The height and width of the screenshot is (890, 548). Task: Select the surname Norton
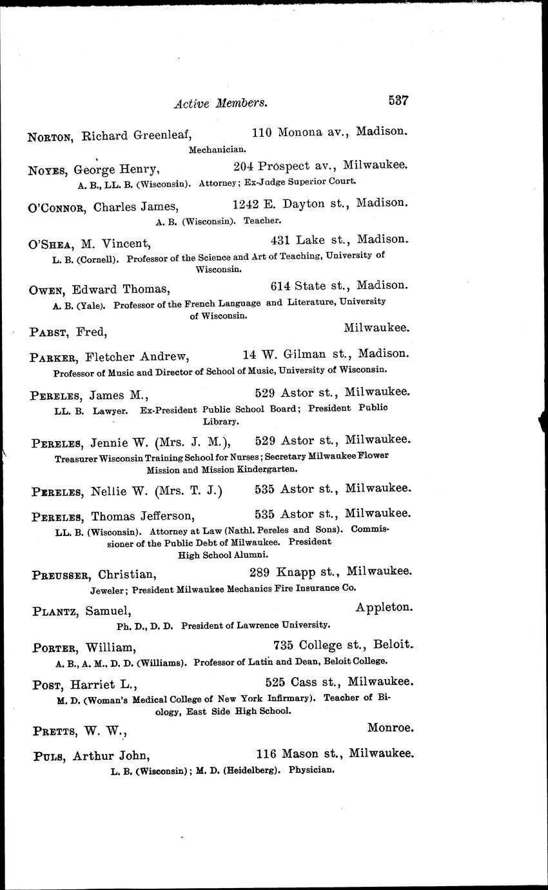click(52, 136)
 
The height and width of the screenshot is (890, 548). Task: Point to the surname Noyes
click(47, 170)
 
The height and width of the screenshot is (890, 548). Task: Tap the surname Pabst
click(49, 333)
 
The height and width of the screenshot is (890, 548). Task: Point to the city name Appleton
click(384, 607)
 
